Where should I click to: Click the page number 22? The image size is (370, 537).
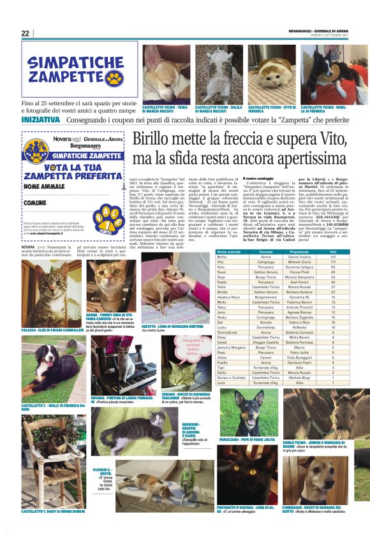tap(26, 33)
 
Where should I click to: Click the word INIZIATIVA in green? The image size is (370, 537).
tap(40, 119)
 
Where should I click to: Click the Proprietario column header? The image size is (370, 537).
tap(299, 253)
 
